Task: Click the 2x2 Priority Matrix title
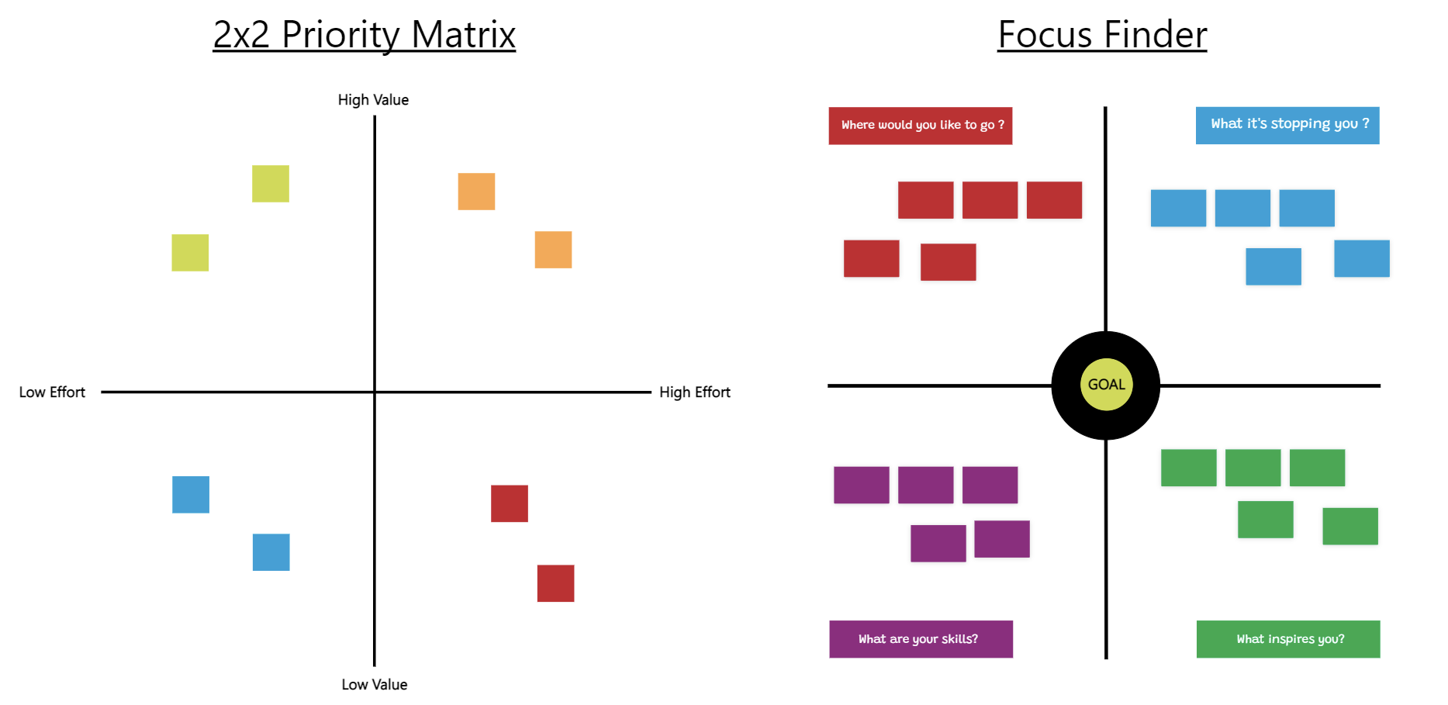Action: pos(364,35)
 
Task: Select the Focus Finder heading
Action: pos(1102,35)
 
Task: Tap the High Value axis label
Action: pos(373,100)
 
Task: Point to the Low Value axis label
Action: pos(375,685)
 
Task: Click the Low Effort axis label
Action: pos(52,392)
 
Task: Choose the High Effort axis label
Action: pos(695,392)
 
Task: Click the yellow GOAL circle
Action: pos(1106,385)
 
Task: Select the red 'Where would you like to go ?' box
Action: pos(921,126)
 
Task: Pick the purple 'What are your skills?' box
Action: pos(921,639)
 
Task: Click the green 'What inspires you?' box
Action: pos(1288,639)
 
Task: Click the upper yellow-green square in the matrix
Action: pos(271,184)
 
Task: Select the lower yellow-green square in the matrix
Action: pos(190,253)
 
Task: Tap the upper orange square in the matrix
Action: pos(476,192)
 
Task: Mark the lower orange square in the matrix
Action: pos(553,250)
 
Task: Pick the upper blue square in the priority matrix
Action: pos(191,495)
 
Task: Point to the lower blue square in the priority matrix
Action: pos(271,552)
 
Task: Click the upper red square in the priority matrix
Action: pos(510,503)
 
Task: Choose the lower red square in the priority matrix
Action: pos(556,583)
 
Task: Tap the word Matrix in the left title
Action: pos(463,35)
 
